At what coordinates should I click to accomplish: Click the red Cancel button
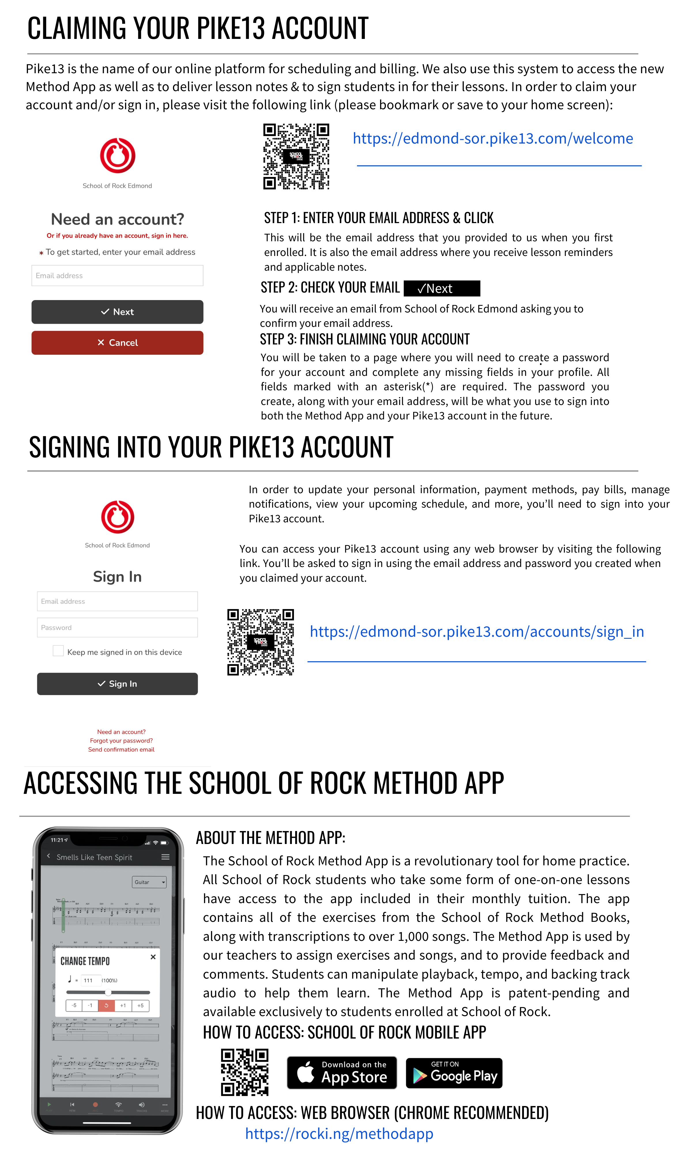point(118,342)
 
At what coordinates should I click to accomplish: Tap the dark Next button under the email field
point(118,312)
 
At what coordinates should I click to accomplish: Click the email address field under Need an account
point(118,276)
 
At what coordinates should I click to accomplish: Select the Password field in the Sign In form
point(118,628)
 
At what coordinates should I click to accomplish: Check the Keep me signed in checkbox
point(58,651)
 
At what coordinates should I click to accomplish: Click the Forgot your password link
point(121,741)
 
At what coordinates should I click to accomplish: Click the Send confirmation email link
point(121,750)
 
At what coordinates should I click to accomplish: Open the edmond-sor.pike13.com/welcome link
point(493,139)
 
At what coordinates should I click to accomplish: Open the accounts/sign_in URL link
point(477,632)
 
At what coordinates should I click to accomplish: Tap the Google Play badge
point(454,1073)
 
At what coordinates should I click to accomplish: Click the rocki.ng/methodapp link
point(339,1133)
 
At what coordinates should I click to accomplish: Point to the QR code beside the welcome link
point(296,156)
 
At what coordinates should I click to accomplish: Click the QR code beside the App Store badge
point(245,1072)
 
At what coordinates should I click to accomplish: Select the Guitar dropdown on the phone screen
point(149,882)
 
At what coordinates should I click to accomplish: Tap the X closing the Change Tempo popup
point(153,957)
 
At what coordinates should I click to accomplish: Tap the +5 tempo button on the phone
point(140,1005)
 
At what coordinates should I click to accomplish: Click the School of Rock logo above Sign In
point(118,517)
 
